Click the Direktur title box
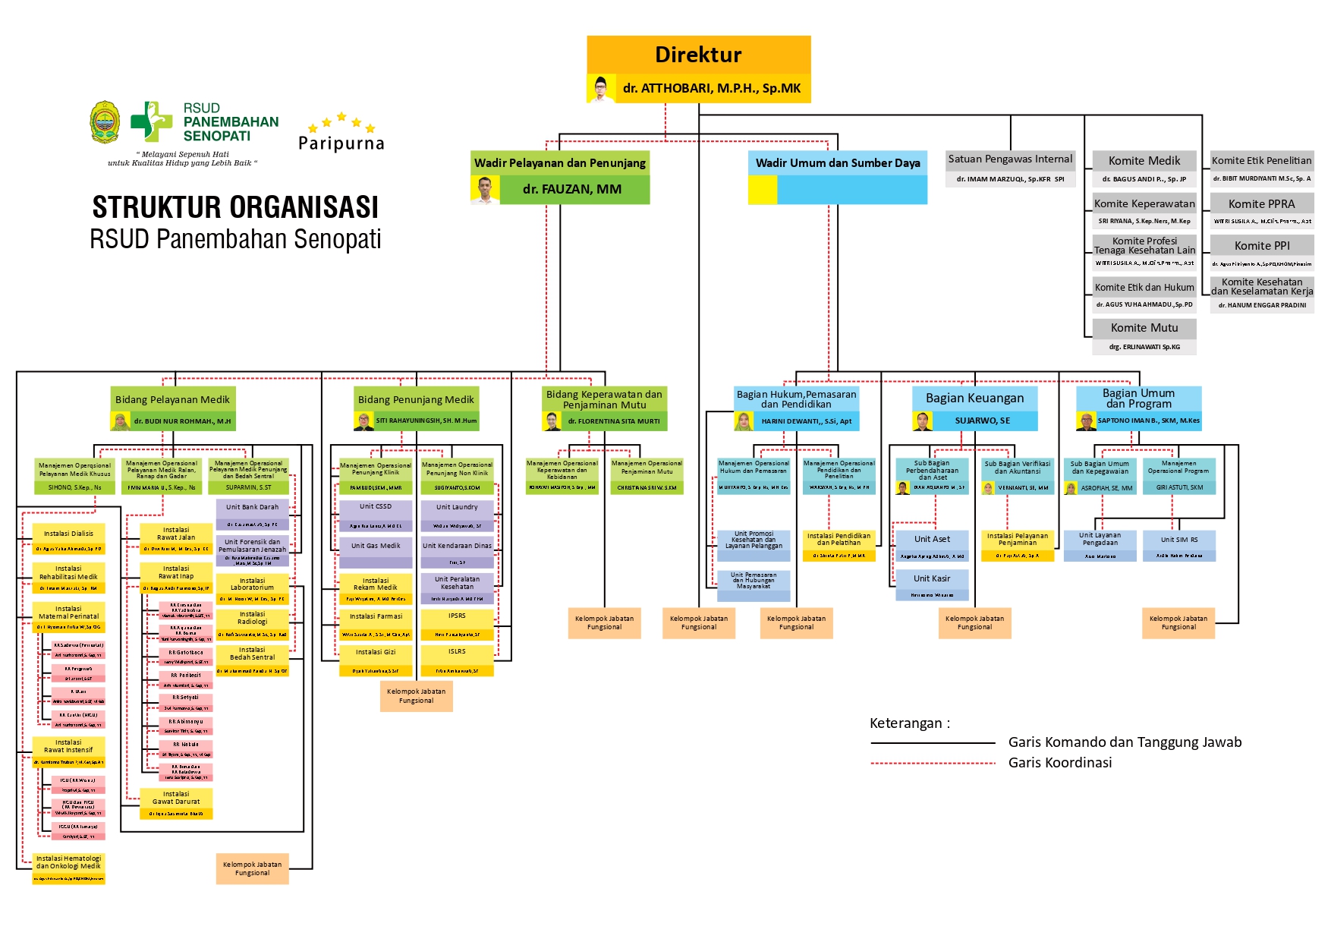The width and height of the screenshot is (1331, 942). [698, 55]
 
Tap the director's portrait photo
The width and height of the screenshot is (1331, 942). [600, 88]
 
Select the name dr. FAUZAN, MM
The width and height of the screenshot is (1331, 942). [572, 190]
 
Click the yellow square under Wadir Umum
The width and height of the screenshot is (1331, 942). [762, 190]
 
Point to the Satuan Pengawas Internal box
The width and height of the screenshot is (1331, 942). [1010, 159]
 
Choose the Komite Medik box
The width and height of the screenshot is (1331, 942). [1144, 161]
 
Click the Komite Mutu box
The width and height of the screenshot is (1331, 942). [1144, 328]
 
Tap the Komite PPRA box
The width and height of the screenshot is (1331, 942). [1261, 204]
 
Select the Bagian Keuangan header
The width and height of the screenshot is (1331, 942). [974, 398]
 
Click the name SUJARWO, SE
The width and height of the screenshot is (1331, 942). [982, 421]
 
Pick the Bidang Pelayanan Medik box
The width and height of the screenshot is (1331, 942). [172, 399]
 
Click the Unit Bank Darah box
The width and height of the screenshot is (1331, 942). [252, 507]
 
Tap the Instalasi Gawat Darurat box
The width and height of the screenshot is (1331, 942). [176, 798]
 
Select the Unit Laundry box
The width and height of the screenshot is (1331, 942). [457, 507]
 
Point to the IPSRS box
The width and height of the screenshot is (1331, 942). [457, 616]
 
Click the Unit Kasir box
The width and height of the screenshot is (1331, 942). [932, 578]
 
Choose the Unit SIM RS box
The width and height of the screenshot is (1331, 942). [1179, 540]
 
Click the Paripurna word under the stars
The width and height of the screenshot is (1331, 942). [341, 143]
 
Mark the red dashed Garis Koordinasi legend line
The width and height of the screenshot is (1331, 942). [933, 763]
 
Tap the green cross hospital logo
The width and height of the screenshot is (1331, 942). [151, 121]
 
